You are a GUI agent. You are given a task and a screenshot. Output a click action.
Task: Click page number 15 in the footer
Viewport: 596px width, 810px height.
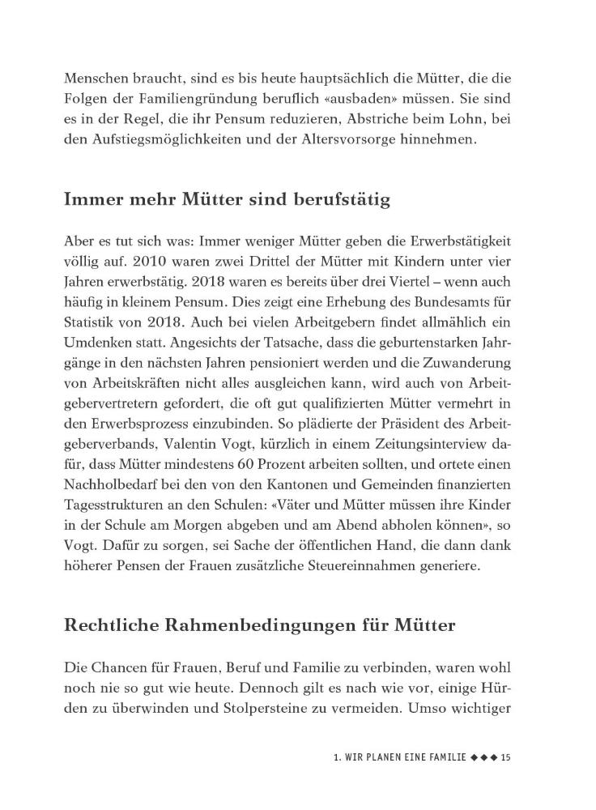coord(505,757)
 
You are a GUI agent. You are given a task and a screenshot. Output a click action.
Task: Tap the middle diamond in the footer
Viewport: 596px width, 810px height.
coord(484,757)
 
